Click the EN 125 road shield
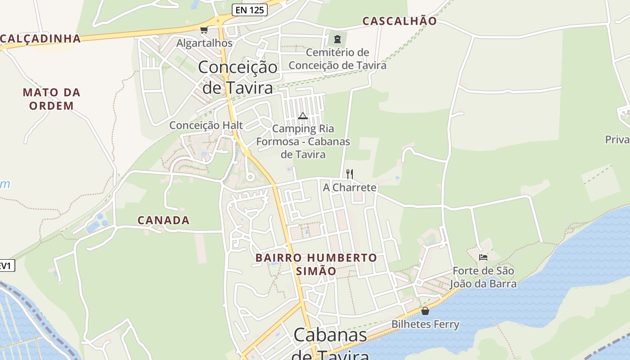tap(250, 10)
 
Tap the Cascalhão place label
tap(400, 21)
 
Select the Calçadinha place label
tap(40, 39)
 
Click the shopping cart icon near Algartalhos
tap(204, 30)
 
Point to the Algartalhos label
tap(205, 43)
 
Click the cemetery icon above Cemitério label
tap(337, 39)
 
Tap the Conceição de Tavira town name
tap(238, 77)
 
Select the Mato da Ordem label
tap(51, 99)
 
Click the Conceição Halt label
tap(206, 125)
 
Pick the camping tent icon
tap(303, 116)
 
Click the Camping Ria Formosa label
tap(303, 141)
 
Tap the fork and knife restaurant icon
tap(350, 174)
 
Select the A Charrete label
tap(350, 187)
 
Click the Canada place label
tap(163, 220)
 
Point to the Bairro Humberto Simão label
tap(316, 265)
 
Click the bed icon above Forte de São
tap(483, 257)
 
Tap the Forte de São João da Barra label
tap(483, 277)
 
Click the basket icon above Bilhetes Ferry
tap(425, 311)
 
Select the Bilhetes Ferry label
tap(425, 324)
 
